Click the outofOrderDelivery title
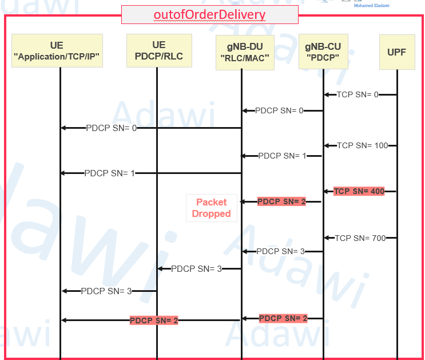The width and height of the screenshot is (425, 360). click(209, 15)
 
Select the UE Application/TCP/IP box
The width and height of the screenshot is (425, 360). click(57, 50)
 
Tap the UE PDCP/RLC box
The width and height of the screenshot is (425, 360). click(158, 50)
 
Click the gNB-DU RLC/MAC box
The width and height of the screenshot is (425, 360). click(245, 52)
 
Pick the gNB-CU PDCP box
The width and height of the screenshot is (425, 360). click(323, 51)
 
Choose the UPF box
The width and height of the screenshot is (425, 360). click(397, 53)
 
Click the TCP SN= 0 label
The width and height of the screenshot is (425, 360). click(358, 94)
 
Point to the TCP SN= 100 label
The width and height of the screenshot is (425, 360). click(362, 145)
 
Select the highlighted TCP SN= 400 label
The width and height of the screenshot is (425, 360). click(359, 191)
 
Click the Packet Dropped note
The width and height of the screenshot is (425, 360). click(211, 208)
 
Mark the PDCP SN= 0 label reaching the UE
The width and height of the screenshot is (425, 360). click(111, 128)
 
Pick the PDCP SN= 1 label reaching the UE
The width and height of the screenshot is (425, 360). click(109, 173)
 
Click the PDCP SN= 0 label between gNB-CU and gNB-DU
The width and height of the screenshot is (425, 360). click(279, 110)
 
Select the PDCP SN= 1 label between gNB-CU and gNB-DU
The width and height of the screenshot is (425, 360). click(282, 156)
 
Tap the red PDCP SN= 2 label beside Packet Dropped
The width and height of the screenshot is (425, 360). click(281, 201)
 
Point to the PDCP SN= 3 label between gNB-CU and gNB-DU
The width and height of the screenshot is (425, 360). click(280, 251)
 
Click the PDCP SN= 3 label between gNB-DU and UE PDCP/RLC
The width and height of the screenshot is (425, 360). click(196, 268)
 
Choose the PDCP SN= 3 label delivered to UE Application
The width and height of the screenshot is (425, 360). click(106, 291)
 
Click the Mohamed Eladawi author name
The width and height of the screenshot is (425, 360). click(371, 6)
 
